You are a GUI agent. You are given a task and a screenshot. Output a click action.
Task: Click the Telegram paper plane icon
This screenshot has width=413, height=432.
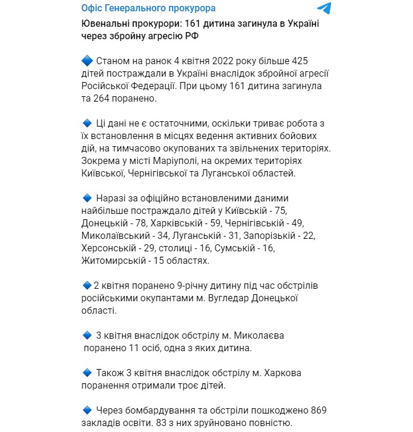point(324,8)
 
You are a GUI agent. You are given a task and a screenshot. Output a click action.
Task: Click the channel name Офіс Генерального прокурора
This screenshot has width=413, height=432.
point(148,8)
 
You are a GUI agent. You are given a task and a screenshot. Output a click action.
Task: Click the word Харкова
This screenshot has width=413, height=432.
point(281,373)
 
